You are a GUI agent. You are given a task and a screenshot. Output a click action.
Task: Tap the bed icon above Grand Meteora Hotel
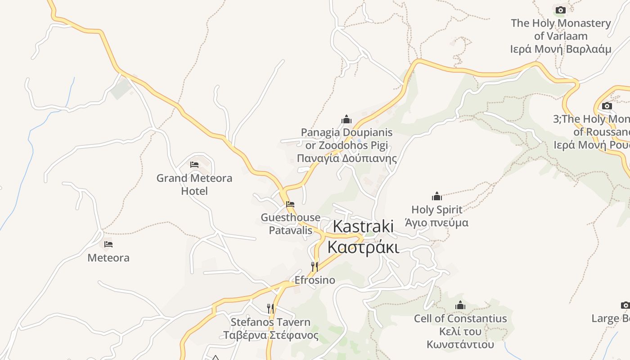(194, 165)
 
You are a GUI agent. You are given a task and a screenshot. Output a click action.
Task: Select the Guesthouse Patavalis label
(290, 224)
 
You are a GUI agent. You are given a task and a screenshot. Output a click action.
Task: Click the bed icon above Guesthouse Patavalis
(290, 204)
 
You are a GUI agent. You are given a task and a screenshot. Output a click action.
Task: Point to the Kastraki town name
(363, 226)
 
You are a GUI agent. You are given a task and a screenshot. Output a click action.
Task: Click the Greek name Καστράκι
(363, 247)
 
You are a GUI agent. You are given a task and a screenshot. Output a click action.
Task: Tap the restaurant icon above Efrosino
(315, 267)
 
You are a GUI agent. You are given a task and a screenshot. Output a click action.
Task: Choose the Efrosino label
(315, 280)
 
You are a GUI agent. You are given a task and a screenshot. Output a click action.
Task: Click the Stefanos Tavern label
(270, 322)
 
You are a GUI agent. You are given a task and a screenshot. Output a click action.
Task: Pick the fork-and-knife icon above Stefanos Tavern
(270, 308)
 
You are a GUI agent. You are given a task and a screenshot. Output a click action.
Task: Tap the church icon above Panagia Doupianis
(346, 120)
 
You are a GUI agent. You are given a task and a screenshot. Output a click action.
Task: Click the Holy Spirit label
(436, 210)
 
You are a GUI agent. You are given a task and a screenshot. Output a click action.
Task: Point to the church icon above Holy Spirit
(436, 197)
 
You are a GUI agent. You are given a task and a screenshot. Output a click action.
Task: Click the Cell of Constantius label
(460, 319)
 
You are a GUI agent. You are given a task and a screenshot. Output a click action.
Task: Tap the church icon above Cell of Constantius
(460, 306)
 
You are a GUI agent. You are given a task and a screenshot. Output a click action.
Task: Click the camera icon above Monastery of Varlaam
(560, 10)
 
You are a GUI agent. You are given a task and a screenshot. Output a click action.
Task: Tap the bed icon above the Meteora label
(108, 244)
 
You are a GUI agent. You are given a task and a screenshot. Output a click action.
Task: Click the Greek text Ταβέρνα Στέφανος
(271, 336)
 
